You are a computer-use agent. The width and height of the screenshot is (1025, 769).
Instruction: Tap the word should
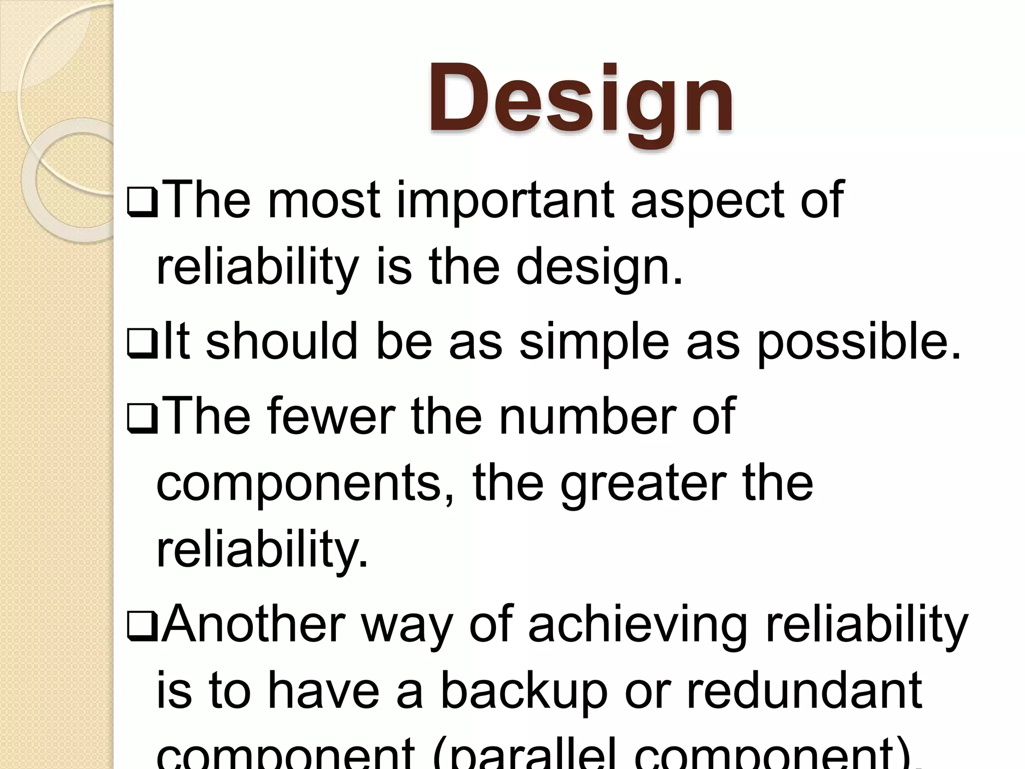click(282, 342)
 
